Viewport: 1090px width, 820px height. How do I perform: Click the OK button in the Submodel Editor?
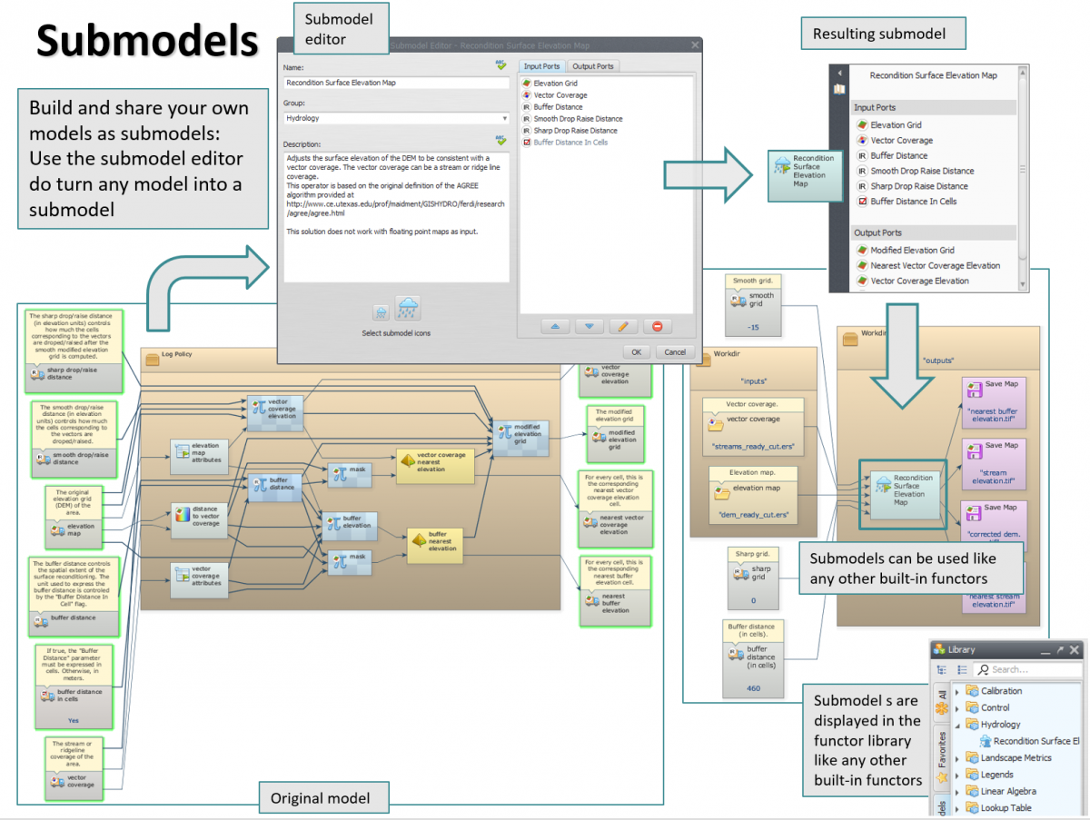[636, 352]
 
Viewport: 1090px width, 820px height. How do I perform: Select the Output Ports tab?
[593, 66]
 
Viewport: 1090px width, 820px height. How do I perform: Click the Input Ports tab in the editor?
[541, 66]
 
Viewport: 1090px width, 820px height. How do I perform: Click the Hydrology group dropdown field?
[395, 118]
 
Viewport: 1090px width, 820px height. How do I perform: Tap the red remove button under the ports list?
[657, 326]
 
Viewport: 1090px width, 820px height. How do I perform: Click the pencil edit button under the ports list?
[623, 326]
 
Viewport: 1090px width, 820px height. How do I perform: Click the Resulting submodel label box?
[878, 35]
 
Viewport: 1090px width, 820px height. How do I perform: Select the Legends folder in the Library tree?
[996, 775]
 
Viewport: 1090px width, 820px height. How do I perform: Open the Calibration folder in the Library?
[1001, 691]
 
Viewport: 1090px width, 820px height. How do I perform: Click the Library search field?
[1026, 669]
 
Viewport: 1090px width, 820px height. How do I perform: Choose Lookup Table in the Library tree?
[1006, 807]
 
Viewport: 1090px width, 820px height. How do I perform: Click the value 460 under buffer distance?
[753, 688]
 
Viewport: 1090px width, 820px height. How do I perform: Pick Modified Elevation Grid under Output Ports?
[912, 251]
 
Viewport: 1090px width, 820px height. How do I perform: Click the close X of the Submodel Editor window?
[695, 44]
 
